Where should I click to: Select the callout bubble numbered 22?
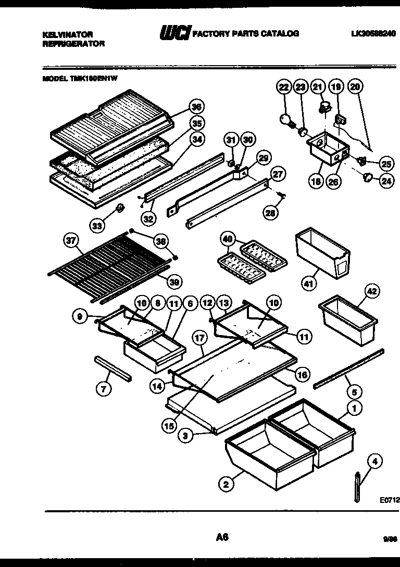[283, 87]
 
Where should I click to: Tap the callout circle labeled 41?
[309, 283]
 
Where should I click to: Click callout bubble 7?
[105, 388]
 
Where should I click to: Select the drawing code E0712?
[389, 499]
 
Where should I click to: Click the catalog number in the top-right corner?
[373, 34]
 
